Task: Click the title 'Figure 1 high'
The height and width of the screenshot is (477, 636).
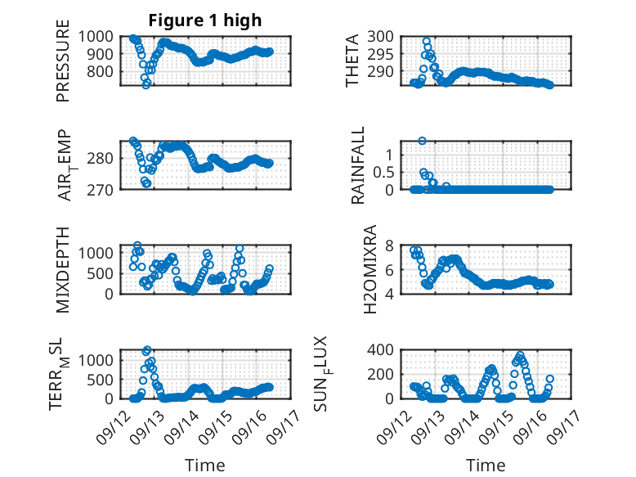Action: tap(205, 20)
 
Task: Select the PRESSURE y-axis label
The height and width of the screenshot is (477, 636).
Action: tap(63, 61)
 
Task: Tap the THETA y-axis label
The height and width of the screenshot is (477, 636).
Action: tap(352, 61)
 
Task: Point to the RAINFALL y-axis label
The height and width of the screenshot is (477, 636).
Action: tap(358, 165)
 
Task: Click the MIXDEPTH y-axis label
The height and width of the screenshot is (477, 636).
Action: tap(63, 270)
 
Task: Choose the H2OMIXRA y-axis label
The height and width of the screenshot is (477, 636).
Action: tap(370, 269)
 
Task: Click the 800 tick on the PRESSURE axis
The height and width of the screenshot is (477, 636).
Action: tap(101, 71)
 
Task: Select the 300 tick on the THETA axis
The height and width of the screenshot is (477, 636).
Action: tap(380, 37)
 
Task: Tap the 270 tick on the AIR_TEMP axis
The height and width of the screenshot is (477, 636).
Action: tap(101, 190)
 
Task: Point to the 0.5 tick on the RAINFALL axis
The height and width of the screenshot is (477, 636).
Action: tap(383, 172)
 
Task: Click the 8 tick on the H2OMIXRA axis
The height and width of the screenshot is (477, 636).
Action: tap(389, 245)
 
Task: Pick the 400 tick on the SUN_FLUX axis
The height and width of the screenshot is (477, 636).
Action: tap(380, 349)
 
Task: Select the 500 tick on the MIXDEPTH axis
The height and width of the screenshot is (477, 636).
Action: tap(101, 273)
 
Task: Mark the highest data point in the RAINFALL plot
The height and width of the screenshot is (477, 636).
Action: tap(423, 141)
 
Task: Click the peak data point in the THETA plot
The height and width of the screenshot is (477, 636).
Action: tap(426, 42)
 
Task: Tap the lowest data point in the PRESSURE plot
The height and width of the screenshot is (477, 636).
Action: tap(146, 85)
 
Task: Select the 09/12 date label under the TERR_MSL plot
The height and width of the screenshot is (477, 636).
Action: tap(112, 426)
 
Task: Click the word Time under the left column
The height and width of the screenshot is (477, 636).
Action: tap(205, 466)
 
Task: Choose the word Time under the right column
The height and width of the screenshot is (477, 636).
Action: tap(486, 466)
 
